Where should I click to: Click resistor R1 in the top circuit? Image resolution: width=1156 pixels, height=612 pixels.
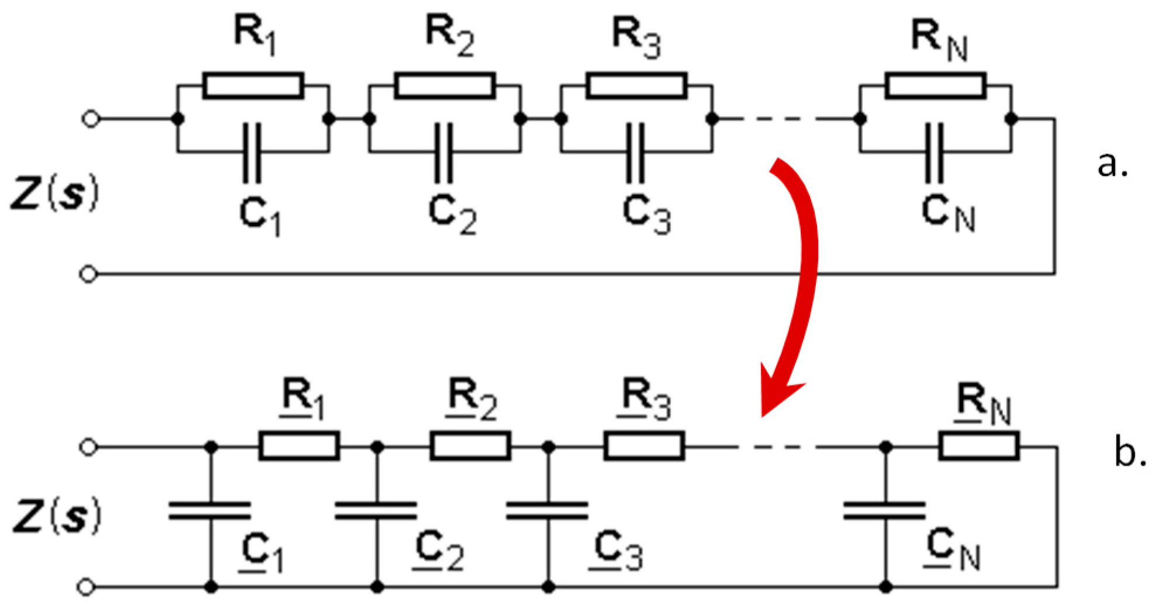tap(253, 86)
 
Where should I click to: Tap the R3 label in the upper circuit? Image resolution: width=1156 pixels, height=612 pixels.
tap(636, 37)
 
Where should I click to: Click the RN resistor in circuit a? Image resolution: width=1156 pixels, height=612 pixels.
tap(935, 86)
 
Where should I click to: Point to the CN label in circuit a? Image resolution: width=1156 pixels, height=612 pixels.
tap(948, 213)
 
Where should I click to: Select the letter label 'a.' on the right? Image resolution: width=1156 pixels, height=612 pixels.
tap(1112, 165)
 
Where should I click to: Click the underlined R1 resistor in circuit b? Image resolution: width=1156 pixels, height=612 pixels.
tap(299, 447)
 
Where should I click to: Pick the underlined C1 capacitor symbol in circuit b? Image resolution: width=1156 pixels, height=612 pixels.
tap(210, 510)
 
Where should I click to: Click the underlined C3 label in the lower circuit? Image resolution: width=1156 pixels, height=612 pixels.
tap(617, 551)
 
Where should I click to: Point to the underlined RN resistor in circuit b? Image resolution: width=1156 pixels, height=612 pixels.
tap(979, 447)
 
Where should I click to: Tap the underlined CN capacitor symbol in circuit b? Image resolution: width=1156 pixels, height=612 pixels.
tap(885, 510)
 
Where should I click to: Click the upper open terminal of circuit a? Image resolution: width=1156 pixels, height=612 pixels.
tap(91, 119)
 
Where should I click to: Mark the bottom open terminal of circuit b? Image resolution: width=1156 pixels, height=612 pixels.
tap(86, 586)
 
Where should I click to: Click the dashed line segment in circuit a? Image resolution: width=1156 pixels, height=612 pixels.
tap(786, 119)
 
